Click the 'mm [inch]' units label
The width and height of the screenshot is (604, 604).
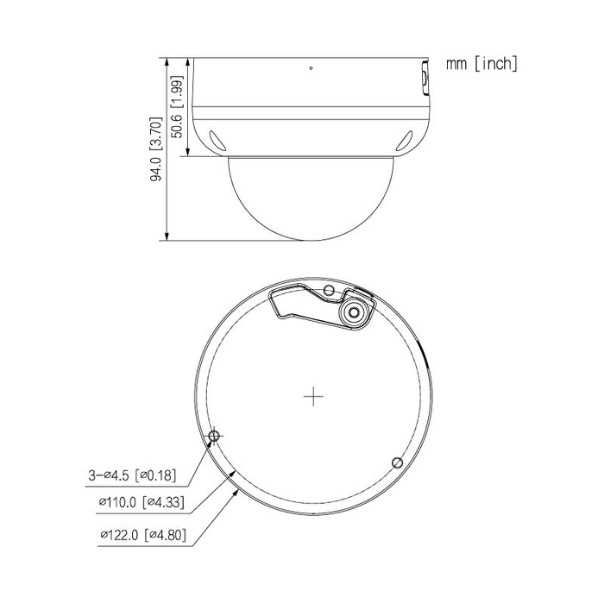482,64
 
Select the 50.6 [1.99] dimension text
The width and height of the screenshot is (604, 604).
178,108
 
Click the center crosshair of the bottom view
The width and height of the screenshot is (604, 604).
313,397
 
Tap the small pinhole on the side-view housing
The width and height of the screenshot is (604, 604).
311,66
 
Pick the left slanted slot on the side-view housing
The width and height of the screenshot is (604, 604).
215,135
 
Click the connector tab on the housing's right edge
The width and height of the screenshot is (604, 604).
425,77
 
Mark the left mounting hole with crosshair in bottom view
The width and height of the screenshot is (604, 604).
215,437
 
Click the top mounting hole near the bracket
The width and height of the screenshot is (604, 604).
328,292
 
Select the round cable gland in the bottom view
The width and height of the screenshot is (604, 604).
354,314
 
